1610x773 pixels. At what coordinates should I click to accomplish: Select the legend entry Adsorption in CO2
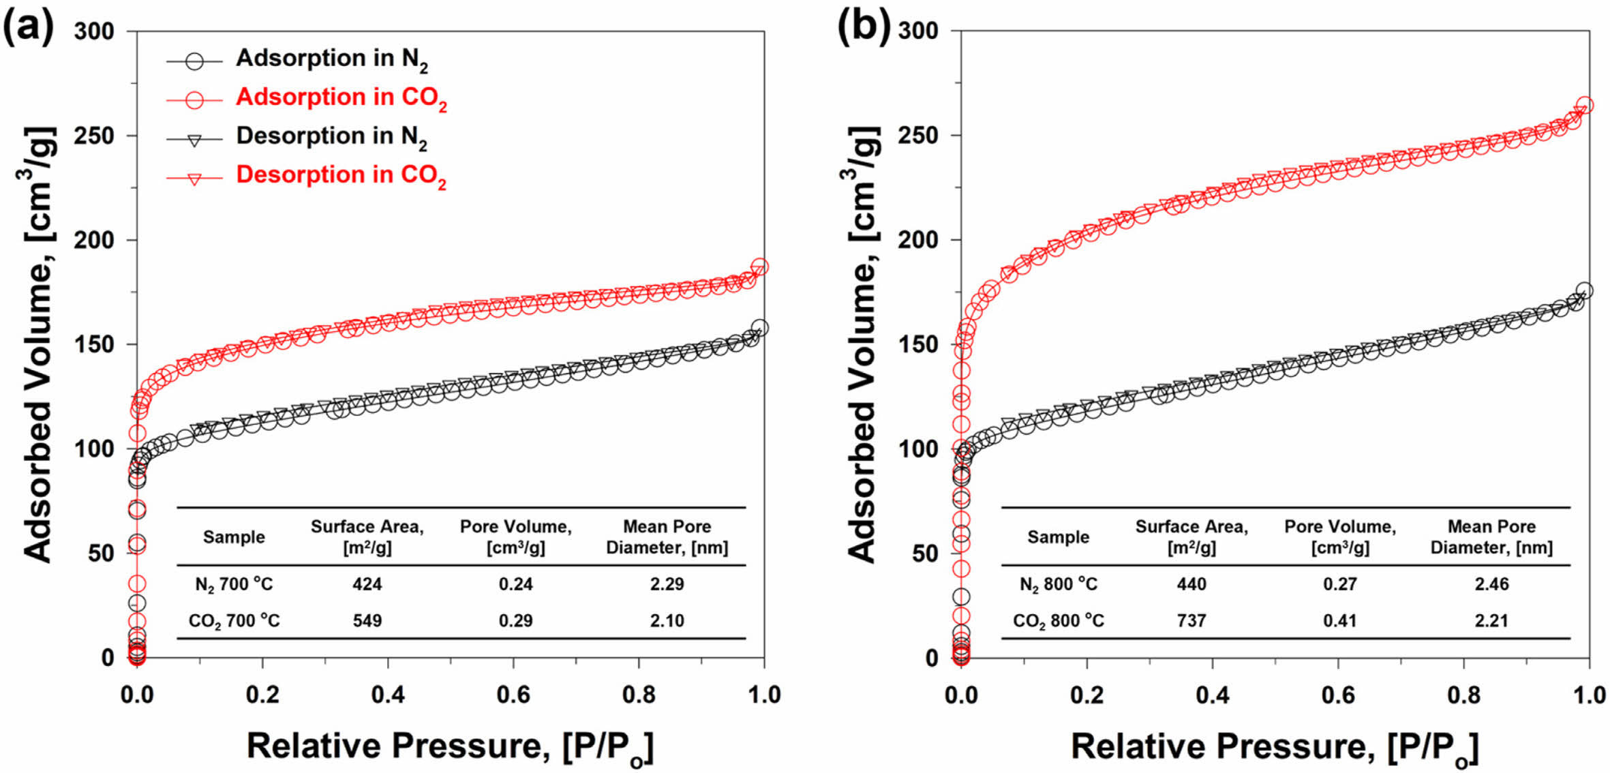pos(341,97)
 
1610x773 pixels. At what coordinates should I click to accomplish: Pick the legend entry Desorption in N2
pos(331,136)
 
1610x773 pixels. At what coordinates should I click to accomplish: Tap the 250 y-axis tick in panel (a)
pos(94,136)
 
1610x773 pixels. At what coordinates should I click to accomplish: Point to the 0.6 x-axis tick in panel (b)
pos(1338,695)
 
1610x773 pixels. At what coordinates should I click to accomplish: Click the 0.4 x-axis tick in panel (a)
pos(388,695)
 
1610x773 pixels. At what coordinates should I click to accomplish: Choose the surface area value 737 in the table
pos(1191,620)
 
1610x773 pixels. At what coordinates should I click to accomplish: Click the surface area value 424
pos(367,584)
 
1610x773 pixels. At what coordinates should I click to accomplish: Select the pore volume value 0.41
pos(1339,620)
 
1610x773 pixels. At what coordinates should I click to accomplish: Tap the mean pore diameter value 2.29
pos(667,584)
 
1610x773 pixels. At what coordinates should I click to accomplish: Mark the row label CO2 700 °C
pos(234,620)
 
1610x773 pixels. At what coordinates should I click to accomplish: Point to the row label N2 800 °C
pos(1058,584)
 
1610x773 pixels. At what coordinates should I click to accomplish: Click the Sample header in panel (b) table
pos(1058,537)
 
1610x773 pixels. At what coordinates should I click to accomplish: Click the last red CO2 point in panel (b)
pos(1585,106)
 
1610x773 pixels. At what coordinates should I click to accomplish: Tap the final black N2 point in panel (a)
pos(759,328)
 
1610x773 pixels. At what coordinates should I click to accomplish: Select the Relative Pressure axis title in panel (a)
pos(450,746)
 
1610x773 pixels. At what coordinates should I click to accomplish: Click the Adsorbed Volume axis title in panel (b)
pos(863,344)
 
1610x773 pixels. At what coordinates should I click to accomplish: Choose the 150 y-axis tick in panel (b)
pos(918,345)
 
